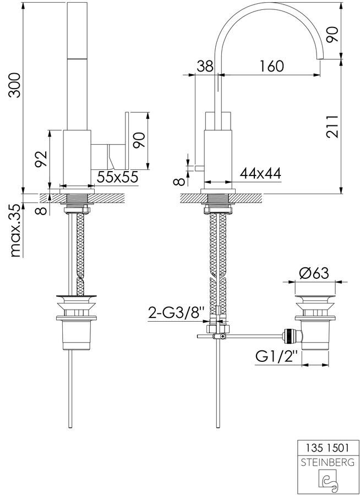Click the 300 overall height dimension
[15, 85]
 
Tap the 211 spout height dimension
[332, 127]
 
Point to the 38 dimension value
[204, 67]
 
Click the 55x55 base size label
[117, 177]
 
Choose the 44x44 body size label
[260, 173]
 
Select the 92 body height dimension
[41, 158]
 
